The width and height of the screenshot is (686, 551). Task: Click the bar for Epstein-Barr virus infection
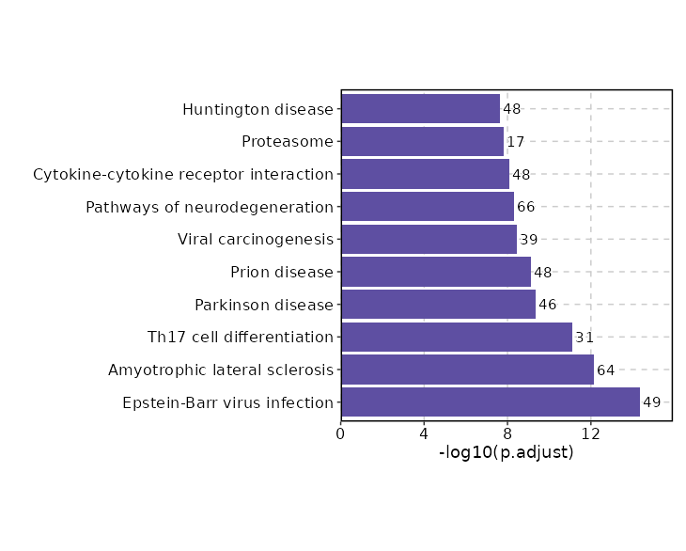click(490, 402)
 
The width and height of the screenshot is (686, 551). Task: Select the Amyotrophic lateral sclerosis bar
click(467, 370)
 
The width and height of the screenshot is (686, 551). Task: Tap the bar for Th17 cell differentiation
click(456, 338)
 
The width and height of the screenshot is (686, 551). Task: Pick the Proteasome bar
click(422, 142)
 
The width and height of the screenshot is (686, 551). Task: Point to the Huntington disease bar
click(420, 109)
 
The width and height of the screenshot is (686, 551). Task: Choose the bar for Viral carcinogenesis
click(429, 240)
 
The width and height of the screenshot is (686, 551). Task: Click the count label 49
click(651, 402)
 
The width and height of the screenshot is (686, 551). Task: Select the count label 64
click(605, 370)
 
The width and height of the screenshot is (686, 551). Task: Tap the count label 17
click(515, 142)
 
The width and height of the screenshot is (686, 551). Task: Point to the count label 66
click(525, 207)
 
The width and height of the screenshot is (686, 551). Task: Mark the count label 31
click(585, 338)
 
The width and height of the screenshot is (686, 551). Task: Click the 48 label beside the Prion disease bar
click(542, 273)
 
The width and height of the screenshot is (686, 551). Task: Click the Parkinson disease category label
click(264, 305)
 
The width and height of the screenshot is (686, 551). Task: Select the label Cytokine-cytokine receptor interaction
click(183, 175)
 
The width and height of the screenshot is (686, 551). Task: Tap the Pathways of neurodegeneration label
click(210, 207)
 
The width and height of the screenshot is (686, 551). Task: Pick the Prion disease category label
click(282, 273)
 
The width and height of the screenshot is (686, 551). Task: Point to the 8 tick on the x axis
click(507, 433)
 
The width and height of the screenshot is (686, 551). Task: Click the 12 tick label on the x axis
click(591, 433)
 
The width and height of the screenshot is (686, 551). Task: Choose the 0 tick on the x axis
click(341, 433)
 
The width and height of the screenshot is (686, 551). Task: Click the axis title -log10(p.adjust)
click(506, 452)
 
